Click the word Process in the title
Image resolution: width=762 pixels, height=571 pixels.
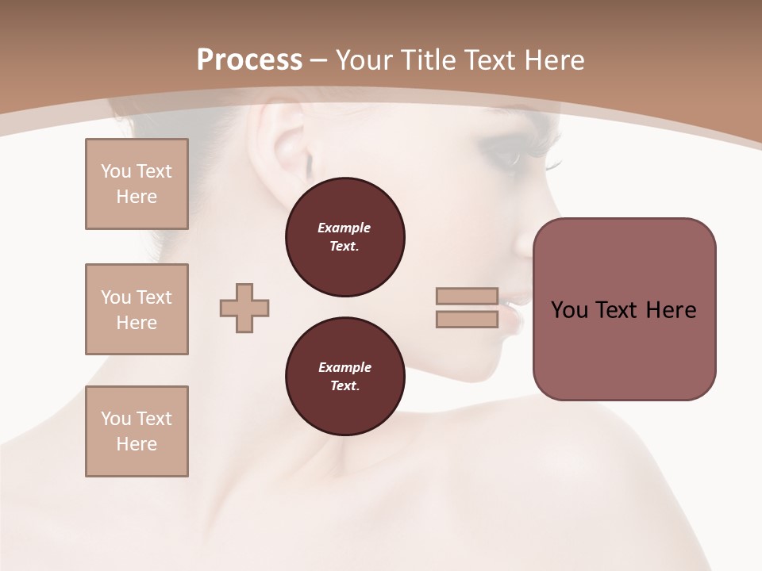click(x=249, y=59)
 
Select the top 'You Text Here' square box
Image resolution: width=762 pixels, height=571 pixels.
click(x=137, y=184)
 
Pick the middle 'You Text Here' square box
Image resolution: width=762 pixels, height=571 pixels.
click(x=137, y=309)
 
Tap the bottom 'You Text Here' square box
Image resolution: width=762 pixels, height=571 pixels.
click(x=137, y=431)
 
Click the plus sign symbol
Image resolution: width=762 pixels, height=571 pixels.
click(x=244, y=308)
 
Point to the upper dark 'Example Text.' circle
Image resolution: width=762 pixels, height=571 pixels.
click(x=344, y=237)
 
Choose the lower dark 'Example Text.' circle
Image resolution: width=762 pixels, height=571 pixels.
click(x=344, y=377)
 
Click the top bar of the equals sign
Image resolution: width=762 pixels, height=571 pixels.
click(x=467, y=296)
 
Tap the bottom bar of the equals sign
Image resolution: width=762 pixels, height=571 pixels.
click(x=467, y=320)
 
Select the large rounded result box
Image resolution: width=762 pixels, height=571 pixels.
click(x=624, y=309)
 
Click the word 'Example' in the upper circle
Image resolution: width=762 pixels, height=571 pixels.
click(x=344, y=228)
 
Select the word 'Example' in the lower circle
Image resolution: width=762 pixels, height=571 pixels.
click(x=344, y=367)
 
